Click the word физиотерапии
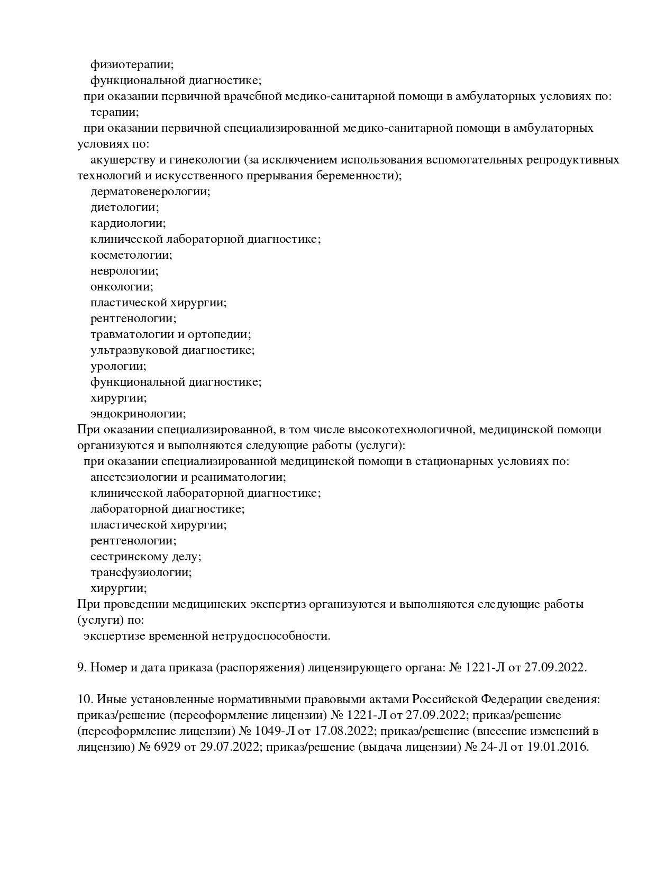[x=132, y=65]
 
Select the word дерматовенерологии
[x=150, y=192]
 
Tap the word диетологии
[x=124, y=207]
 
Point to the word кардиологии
[x=127, y=223]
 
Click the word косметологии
[x=131, y=255]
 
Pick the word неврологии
[x=124, y=271]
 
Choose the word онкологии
[x=122, y=287]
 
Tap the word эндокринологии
[x=138, y=414]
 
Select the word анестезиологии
[x=134, y=477]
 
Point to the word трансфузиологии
[x=141, y=572]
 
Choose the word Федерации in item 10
[x=508, y=699]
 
